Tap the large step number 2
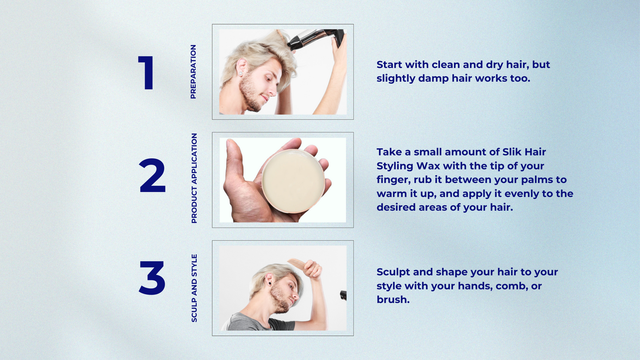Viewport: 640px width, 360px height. [x=152, y=175]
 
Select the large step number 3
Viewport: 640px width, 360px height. [x=152, y=278]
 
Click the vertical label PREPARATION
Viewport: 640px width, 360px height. [x=194, y=72]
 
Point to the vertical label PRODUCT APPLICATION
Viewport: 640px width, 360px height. [x=194, y=178]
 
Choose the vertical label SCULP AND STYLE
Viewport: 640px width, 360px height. [x=194, y=288]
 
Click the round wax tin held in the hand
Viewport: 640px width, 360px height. [x=293, y=181]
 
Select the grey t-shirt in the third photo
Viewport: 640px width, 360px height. [x=257, y=322]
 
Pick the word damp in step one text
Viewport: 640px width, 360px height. [x=434, y=79]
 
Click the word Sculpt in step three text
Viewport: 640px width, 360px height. [x=393, y=272]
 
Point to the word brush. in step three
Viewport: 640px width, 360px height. [x=393, y=300]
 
